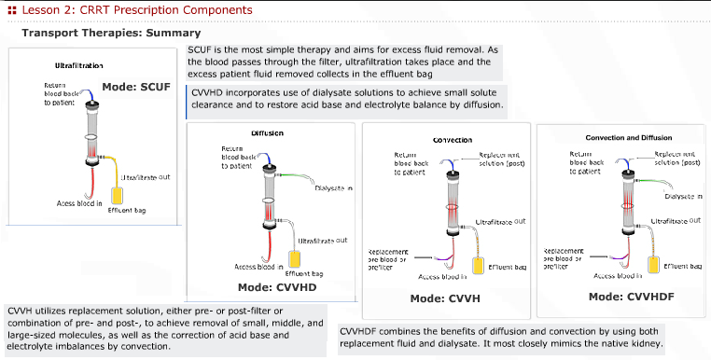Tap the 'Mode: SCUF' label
click(135, 86)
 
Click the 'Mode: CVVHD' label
click(277, 287)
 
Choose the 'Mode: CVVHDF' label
click(624, 296)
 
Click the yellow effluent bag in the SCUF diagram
click(118, 196)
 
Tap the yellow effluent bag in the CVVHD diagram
click(300, 260)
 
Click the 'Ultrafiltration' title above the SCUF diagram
click(73, 66)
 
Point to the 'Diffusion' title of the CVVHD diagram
click(267, 133)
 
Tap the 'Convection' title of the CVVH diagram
click(453, 140)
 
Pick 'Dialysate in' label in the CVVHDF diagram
click(684, 197)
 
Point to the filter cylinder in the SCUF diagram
click(92, 130)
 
